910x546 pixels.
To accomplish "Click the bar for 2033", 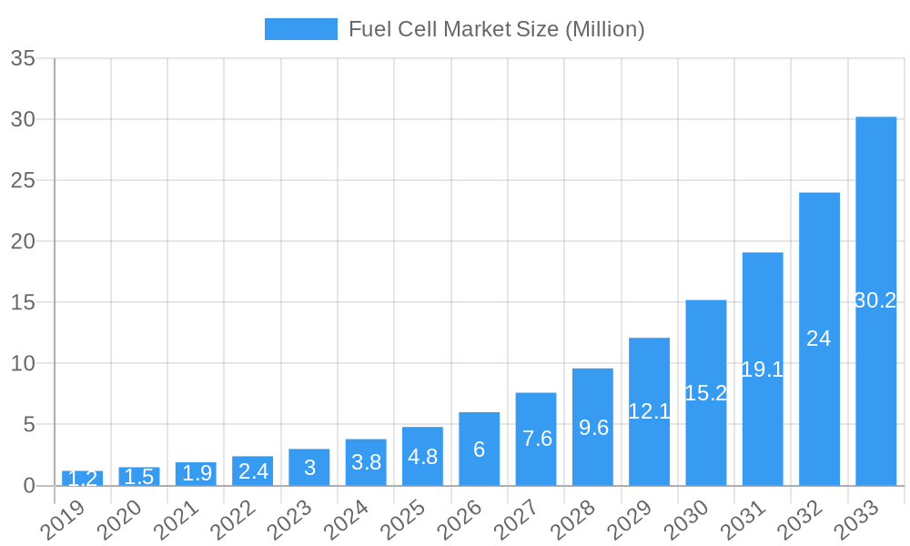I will (875, 301).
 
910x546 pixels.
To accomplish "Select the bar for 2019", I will (82, 478).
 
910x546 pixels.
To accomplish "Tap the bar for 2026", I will (479, 449).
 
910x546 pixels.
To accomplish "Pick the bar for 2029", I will (649, 411).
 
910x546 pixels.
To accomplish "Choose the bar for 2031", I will (763, 369).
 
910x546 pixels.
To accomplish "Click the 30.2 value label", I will (875, 300).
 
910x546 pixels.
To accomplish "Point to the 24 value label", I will (819, 339).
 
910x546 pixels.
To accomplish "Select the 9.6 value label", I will (592, 427).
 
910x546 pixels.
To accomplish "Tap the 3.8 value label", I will (366, 462).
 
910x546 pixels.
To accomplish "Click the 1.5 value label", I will (139, 477).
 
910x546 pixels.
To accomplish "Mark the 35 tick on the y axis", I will (23, 59).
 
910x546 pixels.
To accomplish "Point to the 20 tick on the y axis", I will (23, 242).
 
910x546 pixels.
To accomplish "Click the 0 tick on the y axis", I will (28, 486).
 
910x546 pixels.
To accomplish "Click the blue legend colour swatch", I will (300, 29).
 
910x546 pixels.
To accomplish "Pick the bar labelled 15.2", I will (706, 393).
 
